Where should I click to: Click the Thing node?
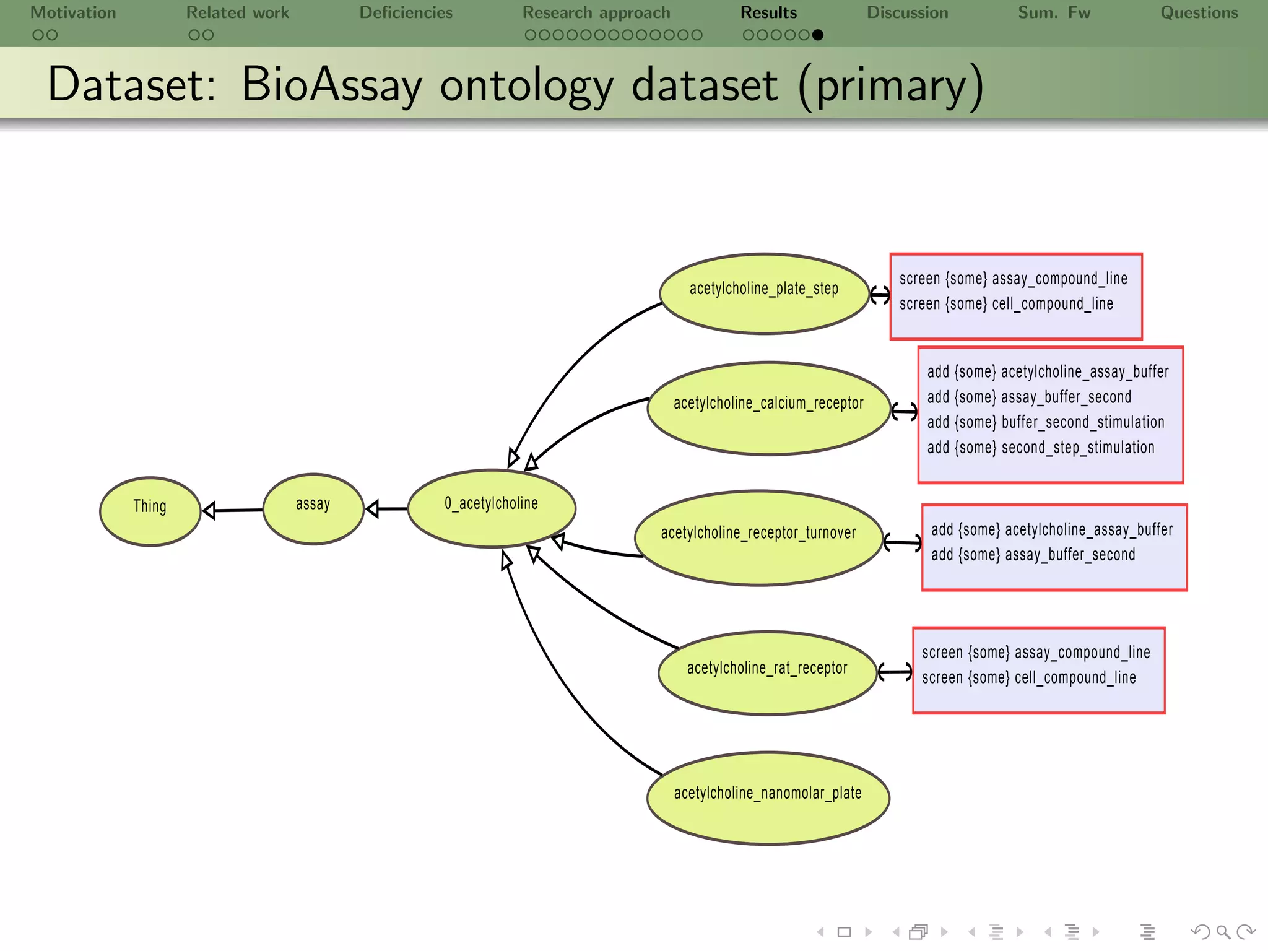pos(150,511)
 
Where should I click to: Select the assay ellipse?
pos(313,509)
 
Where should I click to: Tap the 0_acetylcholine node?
pos(492,508)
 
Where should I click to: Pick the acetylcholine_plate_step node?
pos(764,293)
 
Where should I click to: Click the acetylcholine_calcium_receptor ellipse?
pos(768,408)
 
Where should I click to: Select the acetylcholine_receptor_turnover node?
pos(758,537)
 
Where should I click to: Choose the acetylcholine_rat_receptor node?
pos(767,672)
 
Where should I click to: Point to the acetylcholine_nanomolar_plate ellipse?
pos(768,798)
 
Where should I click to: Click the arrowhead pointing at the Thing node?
pos(209,511)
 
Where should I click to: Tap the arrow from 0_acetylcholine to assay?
pos(386,509)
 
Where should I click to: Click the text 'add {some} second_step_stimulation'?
pos(1040,448)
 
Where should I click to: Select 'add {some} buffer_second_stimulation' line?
pos(1045,422)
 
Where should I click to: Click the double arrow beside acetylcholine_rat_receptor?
pos(895,671)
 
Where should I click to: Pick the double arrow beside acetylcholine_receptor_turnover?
pos(902,543)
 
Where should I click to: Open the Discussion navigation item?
pos(907,13)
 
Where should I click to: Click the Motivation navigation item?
pos(73,13)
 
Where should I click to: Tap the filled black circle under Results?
pos(818,35)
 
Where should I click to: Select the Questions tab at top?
pos(1199,13)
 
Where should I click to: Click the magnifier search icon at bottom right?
pos(1223,932)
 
